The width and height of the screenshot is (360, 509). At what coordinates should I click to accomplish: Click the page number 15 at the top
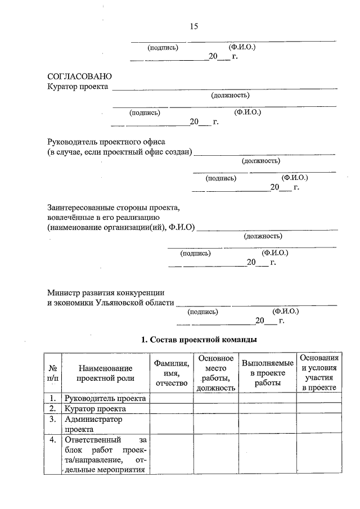194,26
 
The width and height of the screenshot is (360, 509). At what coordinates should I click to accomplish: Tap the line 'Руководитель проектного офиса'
106,142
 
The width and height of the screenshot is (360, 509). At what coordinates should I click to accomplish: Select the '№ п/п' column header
53,372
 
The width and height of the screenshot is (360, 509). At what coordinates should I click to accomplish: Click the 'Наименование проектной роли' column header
105,372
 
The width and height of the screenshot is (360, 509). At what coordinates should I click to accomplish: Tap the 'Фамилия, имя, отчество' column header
171,372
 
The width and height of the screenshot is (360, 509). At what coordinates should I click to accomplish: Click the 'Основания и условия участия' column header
318,372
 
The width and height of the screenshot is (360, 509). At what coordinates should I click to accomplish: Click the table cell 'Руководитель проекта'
105,398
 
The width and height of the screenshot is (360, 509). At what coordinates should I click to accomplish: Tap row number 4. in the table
52,440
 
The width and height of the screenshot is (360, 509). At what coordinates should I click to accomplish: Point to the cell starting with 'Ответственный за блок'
105,454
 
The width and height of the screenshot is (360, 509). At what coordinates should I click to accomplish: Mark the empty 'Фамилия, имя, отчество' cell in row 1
171,398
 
